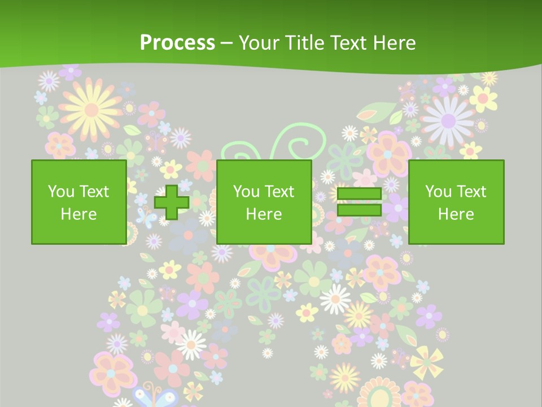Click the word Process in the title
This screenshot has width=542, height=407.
(177, 42)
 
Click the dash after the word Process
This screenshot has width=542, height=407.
(226, 44)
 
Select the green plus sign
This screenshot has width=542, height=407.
(172, 202)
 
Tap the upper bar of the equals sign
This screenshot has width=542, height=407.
(359, 194)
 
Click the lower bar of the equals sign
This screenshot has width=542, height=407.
(359, 210)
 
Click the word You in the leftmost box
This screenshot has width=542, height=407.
(60, 192)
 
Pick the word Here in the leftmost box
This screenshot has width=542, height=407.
(78, 214)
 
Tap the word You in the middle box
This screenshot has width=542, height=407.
(246, 192)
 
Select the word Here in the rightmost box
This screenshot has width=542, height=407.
(456, 214)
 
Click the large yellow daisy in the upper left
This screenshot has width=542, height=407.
(90, 107)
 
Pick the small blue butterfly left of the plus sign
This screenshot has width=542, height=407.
(146, 215)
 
